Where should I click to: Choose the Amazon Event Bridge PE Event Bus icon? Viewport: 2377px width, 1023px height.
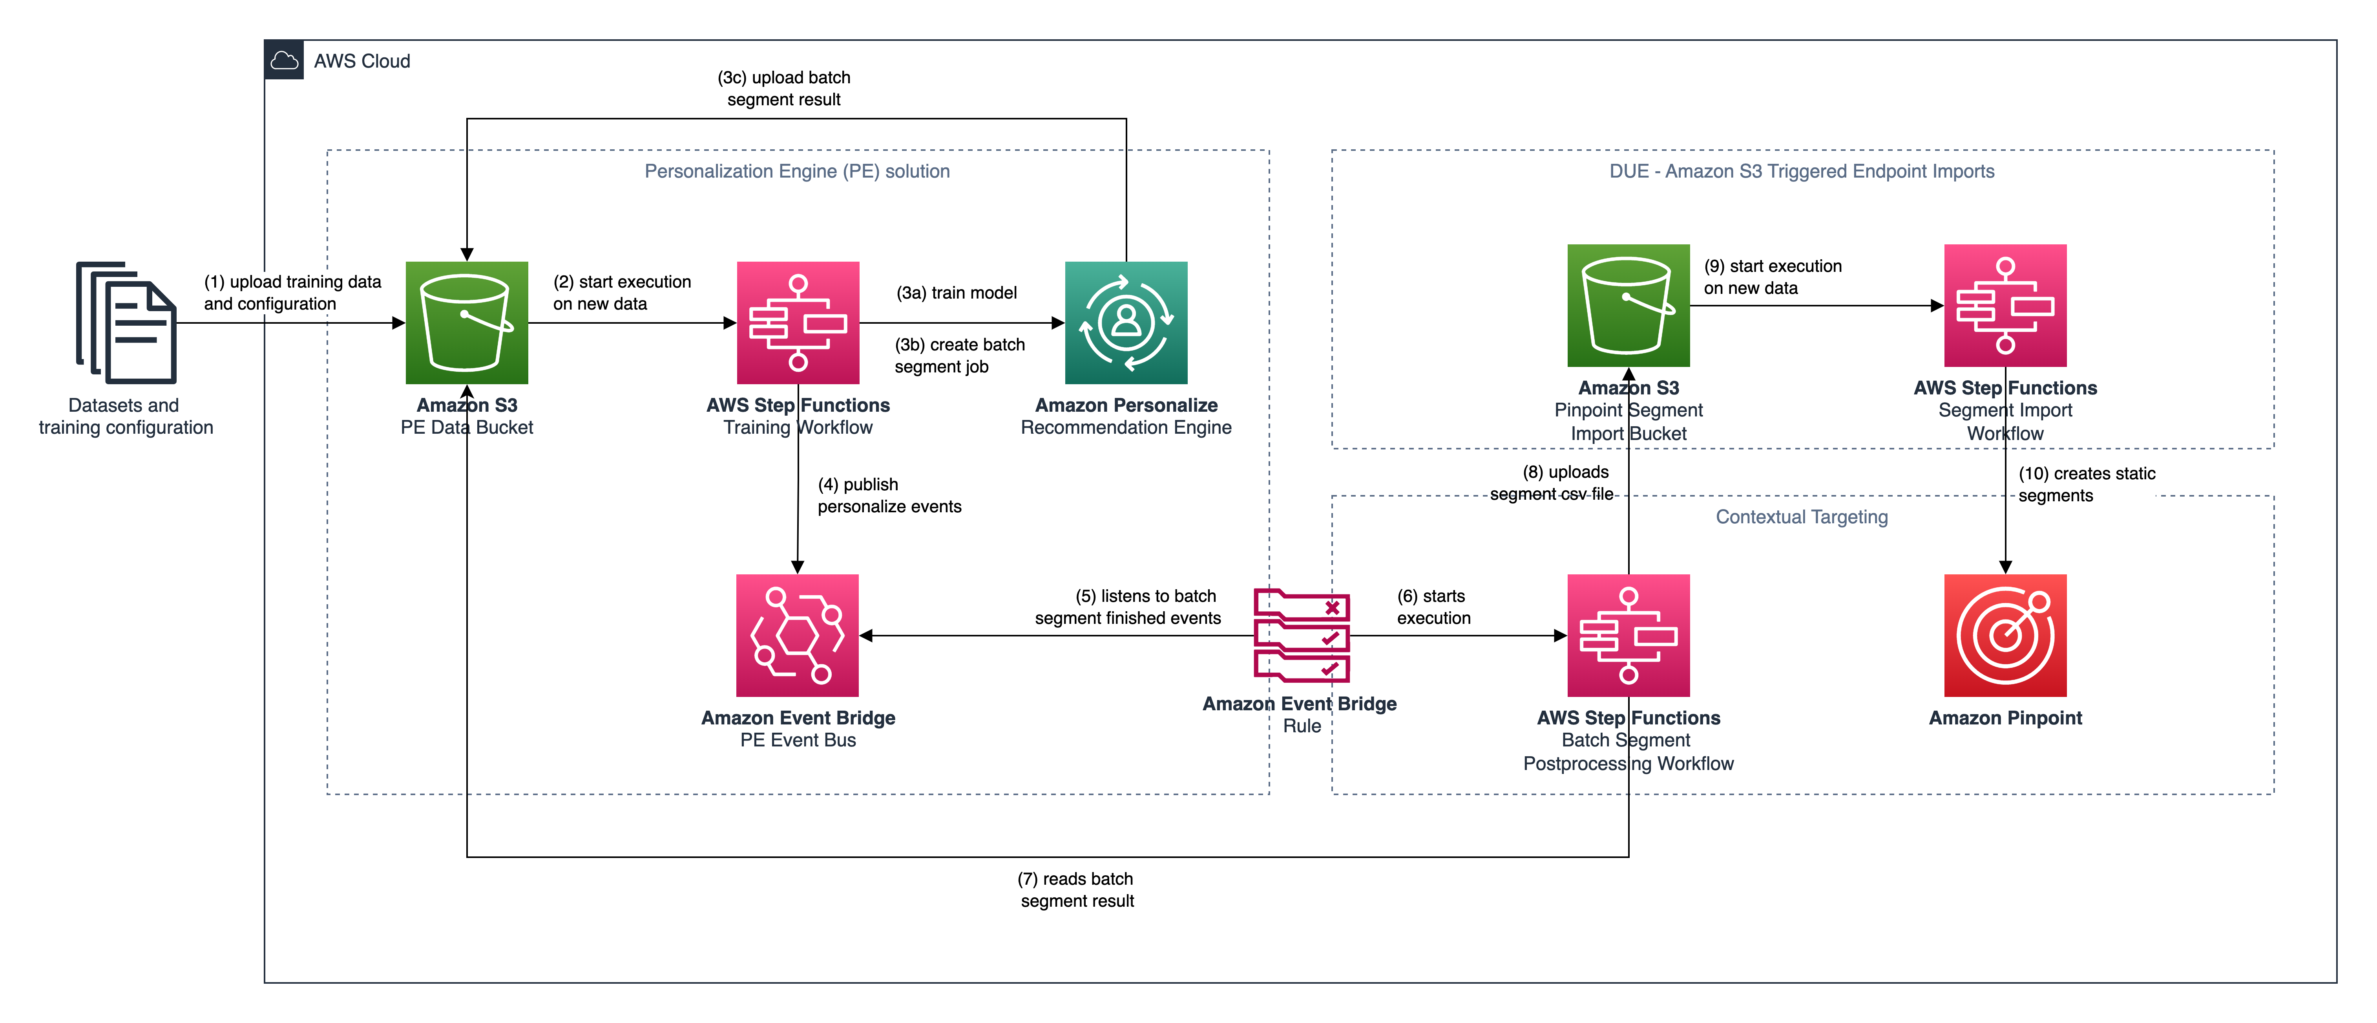[x=797, y=635]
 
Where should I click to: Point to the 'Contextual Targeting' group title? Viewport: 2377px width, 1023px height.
[x=1801, y=517]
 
